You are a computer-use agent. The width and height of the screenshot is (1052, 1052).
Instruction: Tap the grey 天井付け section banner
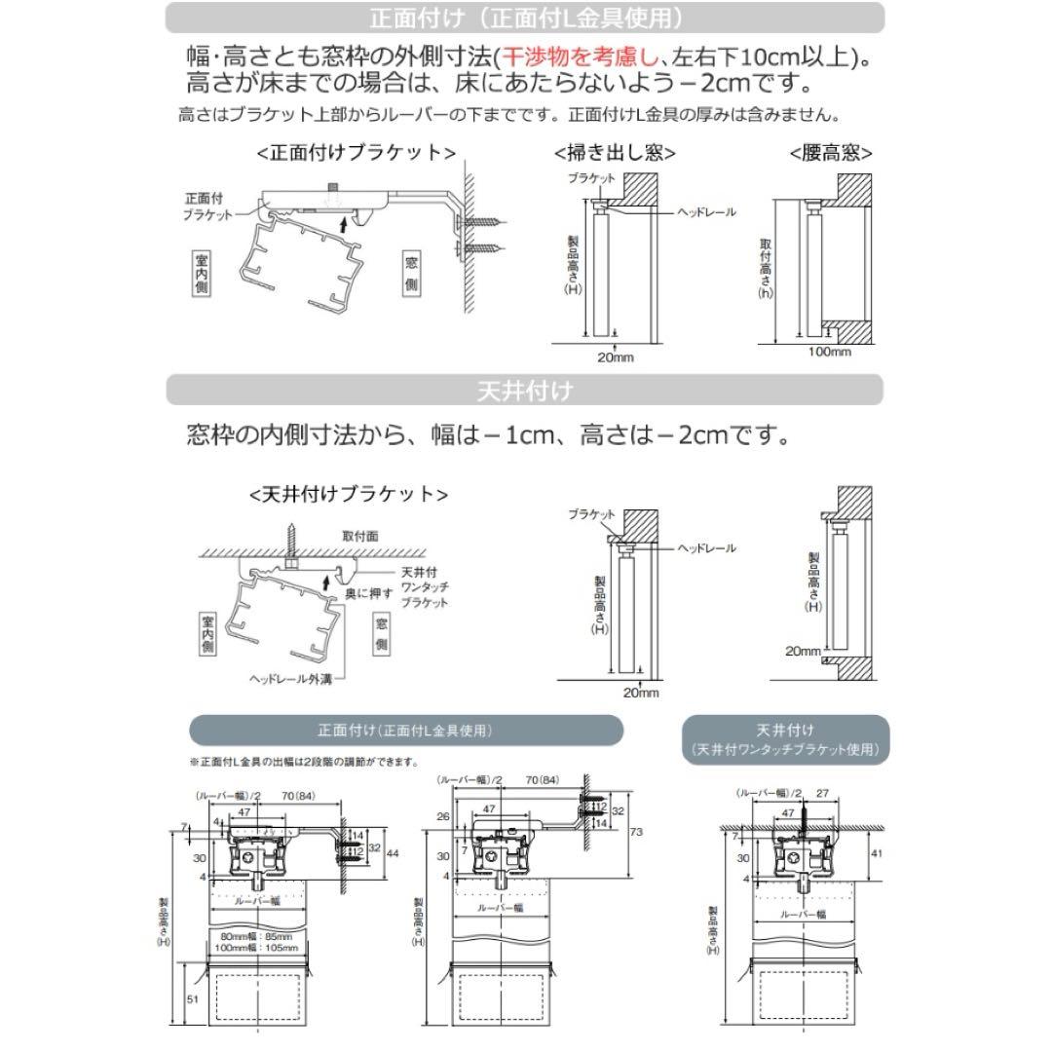(x=525, y=391)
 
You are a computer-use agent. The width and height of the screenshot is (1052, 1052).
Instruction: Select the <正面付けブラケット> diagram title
(x=356, y=153)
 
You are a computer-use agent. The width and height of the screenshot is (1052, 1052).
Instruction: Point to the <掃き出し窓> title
(x=615, y=153)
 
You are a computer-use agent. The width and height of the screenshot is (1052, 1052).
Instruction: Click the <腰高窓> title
(x=830, y=153)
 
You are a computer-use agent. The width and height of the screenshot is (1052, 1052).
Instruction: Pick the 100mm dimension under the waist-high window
(x=829, y=352)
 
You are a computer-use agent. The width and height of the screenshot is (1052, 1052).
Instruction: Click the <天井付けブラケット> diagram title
(x=349, y=494)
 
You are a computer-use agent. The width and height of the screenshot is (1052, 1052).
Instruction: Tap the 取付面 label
(x=360, y=536)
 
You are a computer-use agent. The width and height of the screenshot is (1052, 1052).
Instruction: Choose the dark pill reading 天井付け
(x=784, y=739)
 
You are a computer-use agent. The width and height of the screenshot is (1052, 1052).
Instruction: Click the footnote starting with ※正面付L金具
(x=304, y=762)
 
